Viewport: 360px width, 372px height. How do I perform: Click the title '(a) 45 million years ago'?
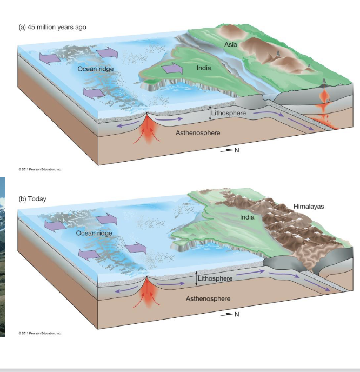52,27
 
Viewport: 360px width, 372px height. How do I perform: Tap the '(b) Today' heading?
32,198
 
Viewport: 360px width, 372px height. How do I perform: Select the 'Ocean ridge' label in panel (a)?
95,69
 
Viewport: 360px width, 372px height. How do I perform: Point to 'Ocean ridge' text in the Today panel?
94,232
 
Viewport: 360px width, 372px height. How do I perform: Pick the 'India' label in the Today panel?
246,217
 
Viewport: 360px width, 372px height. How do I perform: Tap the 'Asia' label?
231,43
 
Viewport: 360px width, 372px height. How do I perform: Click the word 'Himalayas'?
309,207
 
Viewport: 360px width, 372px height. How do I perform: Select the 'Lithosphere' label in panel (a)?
229,113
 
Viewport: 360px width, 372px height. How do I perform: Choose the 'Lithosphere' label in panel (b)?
215,278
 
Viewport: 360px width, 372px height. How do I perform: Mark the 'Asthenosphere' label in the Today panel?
208,298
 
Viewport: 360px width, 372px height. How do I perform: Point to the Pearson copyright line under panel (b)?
40,333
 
